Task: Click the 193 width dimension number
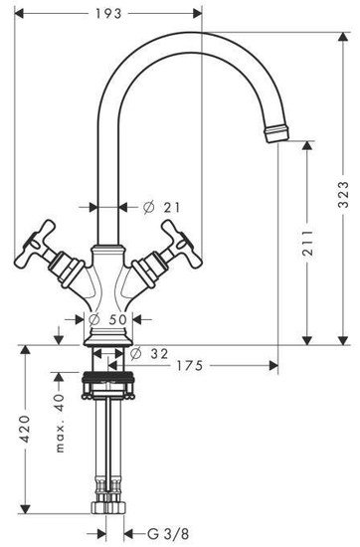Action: (108, 14)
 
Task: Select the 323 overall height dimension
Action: (344, 194)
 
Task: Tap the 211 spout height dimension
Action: (307, 243)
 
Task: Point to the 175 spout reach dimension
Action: (189, 366)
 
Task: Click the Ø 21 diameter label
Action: (162, 208)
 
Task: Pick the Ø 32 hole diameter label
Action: (149, 354)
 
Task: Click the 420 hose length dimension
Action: (25, 429)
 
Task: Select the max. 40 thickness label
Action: (60, 423)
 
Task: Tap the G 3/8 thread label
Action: (168, 534)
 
